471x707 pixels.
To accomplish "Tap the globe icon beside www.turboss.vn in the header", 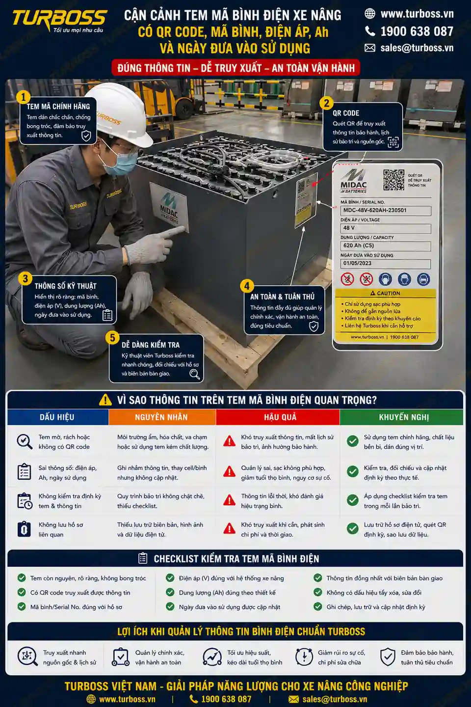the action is point(370,14).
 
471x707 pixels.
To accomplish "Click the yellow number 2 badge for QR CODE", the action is point(327,103).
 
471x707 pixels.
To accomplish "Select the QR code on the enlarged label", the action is point(393,180).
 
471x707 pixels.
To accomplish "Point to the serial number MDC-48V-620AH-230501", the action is point(375,210).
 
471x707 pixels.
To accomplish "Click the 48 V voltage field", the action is point(386,228).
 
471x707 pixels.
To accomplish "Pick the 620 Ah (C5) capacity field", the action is point(386,245).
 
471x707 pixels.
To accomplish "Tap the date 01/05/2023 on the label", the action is point(357,263).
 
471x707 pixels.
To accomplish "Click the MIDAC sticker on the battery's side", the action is point(169,207).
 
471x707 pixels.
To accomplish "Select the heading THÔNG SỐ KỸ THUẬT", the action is point(65,286).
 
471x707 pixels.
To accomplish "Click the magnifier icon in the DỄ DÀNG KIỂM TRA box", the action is point(194,374).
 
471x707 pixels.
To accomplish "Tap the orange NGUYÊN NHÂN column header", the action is point(162,417).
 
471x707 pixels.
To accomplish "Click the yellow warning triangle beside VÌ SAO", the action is point(105,400).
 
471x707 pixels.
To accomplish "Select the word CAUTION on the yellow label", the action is point(389,293).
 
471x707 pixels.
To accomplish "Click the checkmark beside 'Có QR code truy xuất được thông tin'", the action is point(22,592).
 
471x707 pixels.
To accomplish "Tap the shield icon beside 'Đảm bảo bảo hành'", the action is point(388,657).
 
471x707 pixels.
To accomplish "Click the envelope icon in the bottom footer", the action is point(293,699).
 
